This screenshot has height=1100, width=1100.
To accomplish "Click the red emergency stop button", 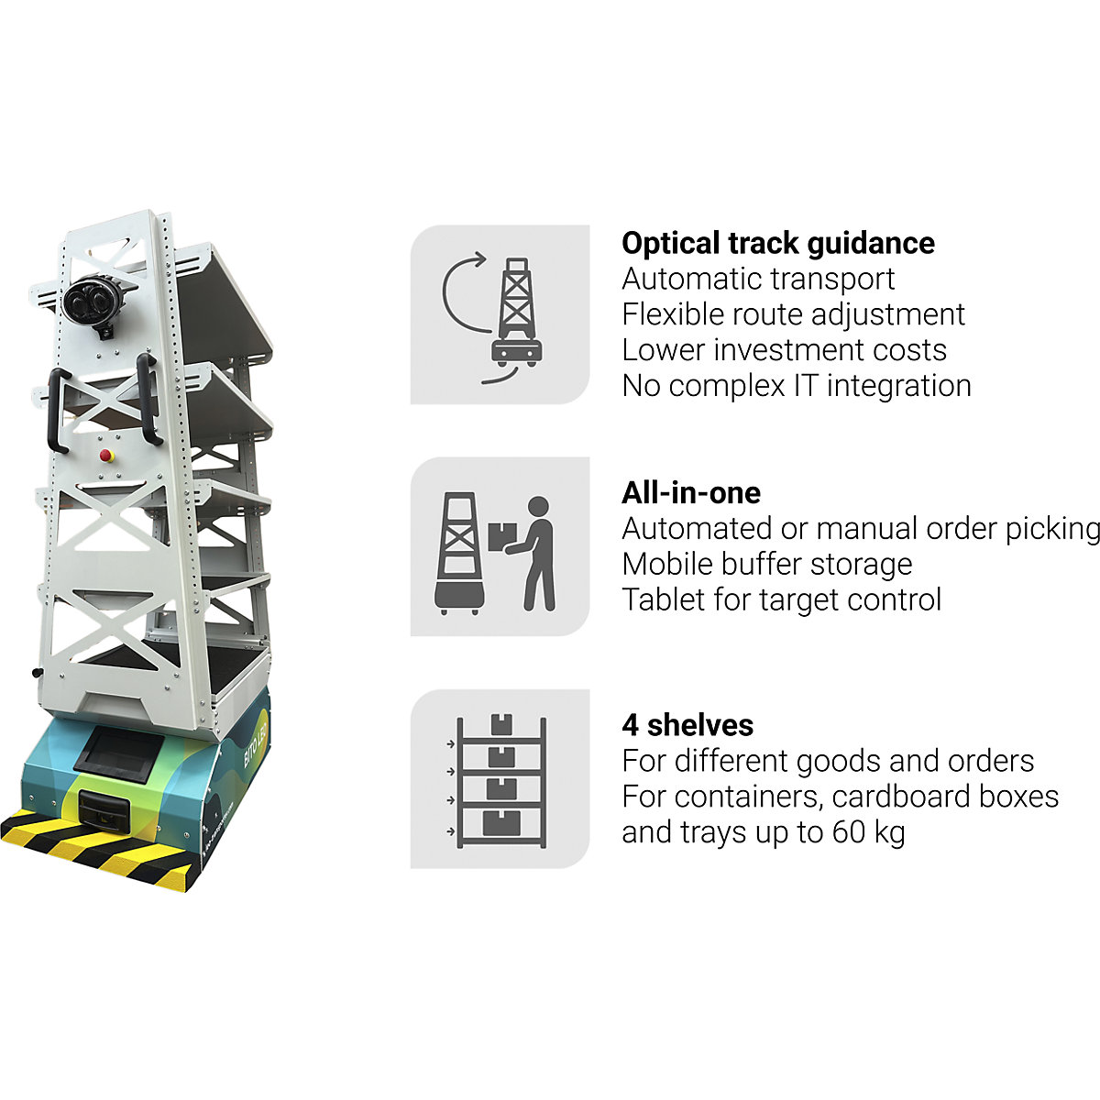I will [104, 453].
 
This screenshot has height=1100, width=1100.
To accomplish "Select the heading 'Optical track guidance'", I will [777, 243].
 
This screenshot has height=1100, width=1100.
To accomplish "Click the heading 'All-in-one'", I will [690, 493].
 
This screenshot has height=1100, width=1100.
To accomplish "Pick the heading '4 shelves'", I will [687, 725].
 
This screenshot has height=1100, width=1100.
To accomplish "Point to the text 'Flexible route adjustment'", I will [793, 314].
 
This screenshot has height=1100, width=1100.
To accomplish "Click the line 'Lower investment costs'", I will [784, 350].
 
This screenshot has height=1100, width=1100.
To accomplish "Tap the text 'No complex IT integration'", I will [796, 386].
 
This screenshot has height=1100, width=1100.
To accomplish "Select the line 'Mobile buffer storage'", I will [766, 564].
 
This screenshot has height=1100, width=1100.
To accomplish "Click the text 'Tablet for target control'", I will [781, 599].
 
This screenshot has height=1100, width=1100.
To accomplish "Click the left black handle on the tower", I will [56, 412].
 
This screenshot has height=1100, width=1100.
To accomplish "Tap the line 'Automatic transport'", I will [757, 279].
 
